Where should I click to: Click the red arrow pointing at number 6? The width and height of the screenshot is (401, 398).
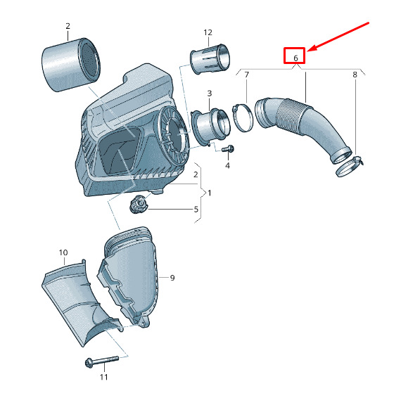338,37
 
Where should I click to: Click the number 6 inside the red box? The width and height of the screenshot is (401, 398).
295,58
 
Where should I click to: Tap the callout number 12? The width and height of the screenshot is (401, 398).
208,32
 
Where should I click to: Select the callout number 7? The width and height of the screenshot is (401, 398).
246,75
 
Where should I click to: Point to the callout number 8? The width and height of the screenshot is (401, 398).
355,75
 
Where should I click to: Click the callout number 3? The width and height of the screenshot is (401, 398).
210,94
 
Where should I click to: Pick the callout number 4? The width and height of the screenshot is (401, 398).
227,165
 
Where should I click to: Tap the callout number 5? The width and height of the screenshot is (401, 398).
196,209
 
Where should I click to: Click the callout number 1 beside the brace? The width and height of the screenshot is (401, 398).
210,193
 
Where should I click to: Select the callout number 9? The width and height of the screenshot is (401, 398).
172,278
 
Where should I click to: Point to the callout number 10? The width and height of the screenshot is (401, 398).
63,252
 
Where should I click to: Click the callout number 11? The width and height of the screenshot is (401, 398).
103,377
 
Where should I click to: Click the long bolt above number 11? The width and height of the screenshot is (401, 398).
101,361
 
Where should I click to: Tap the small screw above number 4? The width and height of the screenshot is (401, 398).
227,149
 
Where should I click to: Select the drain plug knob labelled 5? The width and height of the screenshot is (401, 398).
139,204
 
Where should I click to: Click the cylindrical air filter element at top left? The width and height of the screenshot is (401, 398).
70,65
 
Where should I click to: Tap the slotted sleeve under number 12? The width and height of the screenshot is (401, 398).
210,59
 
